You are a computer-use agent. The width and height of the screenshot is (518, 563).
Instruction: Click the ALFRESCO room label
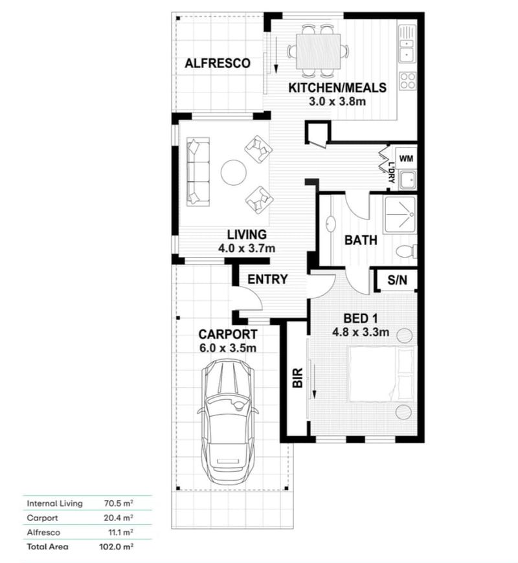(218, 63)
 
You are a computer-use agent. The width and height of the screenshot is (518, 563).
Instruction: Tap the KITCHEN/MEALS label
(337, 88)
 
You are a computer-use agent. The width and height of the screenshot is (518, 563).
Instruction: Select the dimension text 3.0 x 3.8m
(337, 101)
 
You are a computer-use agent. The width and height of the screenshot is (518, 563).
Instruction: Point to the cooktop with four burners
(407, 81)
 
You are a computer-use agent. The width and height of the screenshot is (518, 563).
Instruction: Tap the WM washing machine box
(406, 159)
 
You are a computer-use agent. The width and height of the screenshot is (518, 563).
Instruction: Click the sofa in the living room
(198, 171)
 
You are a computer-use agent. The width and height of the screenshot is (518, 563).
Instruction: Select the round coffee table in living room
(233, 172)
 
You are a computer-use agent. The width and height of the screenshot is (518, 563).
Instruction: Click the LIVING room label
(247, 234)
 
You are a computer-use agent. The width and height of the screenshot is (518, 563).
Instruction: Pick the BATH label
(361, 240)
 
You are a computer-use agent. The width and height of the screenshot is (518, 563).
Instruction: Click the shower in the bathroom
(400, 214)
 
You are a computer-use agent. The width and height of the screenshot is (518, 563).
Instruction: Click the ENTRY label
(267, 280)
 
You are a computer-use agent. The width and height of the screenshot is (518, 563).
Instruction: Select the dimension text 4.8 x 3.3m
(360, 333)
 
